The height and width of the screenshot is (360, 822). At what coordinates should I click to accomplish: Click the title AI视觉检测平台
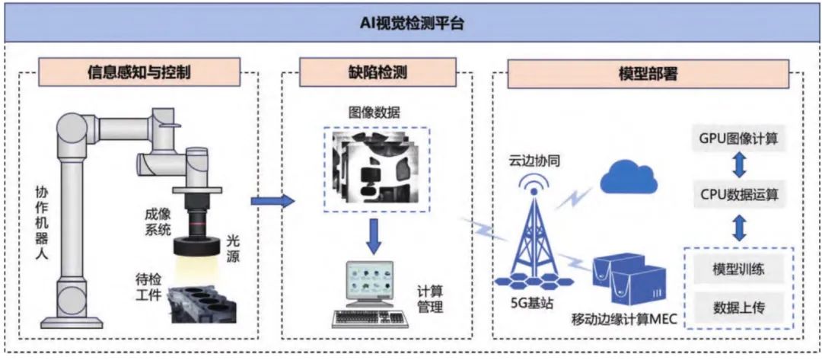pyautogui.click(x=412, y=23)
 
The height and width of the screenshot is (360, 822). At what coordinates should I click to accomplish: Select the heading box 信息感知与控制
pyautogui.click(x=139, y=74)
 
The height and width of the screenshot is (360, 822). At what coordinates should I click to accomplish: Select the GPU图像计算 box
pyautogui.click(x=739, y=139)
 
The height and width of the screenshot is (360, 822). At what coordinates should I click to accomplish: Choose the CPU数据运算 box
pyautogui.click(x=739, y=195)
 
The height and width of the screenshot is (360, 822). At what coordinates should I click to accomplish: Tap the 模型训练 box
pyautogui.click(x=738, y=270)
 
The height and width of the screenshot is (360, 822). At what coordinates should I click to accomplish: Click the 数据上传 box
pyautogui.click(x=738, y=308)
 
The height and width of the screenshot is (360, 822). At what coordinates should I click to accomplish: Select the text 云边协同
pyautogui.click(x=537, y=161)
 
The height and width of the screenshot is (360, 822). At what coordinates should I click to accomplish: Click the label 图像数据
pyautogui.click(x=374, y=113)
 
